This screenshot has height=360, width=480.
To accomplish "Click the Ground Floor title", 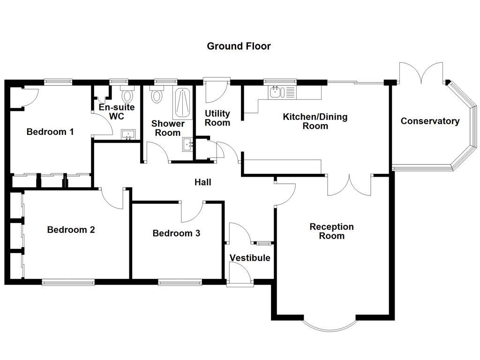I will pos(239,46).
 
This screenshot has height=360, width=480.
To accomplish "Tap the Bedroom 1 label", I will pos(50,132).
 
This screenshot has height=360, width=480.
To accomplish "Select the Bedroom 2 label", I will pos(71,230).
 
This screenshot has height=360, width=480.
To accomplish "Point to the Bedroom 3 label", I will pos(176,233).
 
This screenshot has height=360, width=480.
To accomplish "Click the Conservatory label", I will pos(429,121).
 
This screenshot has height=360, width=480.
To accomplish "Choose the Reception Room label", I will pos(331,231).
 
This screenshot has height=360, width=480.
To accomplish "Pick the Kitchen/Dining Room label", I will pos(315,121).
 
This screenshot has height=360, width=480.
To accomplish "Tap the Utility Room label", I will pos(217,118).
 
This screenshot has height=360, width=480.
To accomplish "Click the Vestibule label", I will pos(249,258).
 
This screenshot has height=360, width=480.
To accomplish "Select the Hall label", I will pos(202,182).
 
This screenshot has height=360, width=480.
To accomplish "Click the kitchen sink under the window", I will pos(277,92).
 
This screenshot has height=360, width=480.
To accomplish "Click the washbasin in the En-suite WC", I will pos(127,135).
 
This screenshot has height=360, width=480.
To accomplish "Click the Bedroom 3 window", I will pos(180,282).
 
